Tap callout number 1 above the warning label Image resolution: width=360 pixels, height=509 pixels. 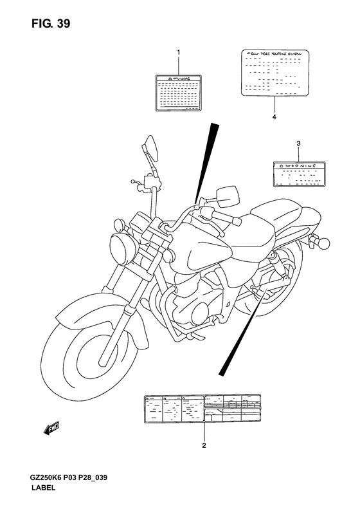pos(179,52)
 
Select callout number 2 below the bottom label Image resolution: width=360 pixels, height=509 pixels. pos(204,445)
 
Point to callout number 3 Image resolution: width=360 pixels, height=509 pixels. pos(298,142)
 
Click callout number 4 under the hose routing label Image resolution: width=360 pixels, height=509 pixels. pos(274,118)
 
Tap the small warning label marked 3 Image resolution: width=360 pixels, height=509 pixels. pos(298,174)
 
